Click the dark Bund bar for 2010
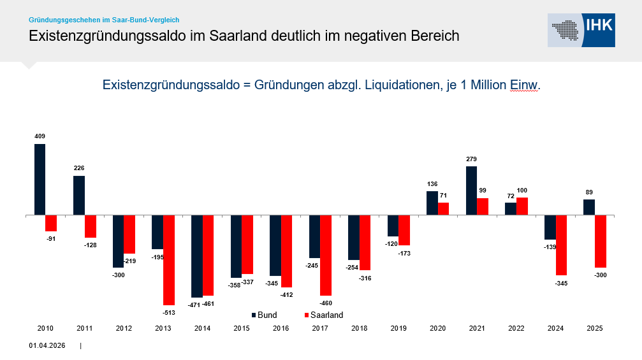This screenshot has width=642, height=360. point(40,179)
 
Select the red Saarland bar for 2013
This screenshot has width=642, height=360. point(169,260)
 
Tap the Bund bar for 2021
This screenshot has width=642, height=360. point(471,191)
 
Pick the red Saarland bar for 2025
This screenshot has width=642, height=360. point(600,241)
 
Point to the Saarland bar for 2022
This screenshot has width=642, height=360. point(522,206)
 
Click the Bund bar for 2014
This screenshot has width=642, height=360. point(197,256)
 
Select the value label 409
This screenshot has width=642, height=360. point(40,136)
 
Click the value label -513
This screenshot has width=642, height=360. point(169,313)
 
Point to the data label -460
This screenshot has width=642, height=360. point(326,303)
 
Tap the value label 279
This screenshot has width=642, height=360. point(471,159)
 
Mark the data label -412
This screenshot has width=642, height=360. point(287,294)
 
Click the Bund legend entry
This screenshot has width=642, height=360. point(264,315)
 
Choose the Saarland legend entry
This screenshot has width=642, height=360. point(323,315)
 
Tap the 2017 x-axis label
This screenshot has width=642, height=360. point(320,328)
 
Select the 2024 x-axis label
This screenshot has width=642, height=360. point(555,328)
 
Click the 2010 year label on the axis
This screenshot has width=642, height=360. point(45,328)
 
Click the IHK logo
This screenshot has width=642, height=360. point(581,30)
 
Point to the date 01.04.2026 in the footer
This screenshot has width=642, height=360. point(47,346)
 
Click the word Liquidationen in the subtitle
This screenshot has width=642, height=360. point(404,85)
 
